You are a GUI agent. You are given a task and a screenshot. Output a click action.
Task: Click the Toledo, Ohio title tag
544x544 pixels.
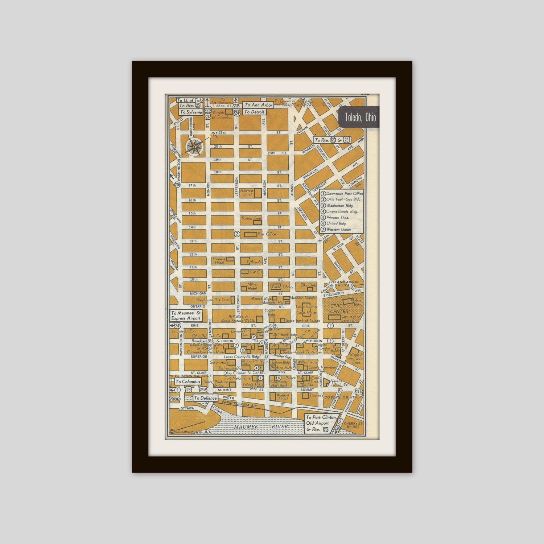click(x=360, y=117)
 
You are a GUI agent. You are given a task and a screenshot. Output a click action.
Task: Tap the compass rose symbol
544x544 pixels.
click(x=195, y=146)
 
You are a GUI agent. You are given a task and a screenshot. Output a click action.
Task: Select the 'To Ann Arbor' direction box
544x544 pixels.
click(x=258, y=105)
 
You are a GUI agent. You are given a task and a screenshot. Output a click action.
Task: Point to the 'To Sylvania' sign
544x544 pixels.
click(x=191, y=112)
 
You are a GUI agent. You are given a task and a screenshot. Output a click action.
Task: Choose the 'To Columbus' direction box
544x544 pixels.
click(x=188, y=382)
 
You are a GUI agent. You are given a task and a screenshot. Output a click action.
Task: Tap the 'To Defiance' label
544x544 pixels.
click(x=205, y=398)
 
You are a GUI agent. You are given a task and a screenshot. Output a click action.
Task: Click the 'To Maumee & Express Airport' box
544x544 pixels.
click(x=186, y=316)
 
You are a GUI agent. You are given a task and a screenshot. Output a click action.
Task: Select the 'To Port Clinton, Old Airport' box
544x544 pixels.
click(x=321, y=423)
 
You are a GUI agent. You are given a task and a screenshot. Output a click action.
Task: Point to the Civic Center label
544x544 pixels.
click(x=339, y=309)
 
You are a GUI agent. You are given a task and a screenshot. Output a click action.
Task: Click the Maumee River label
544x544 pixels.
click(x=261, y=427)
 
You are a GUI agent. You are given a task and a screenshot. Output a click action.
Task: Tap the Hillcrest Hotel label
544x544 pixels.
click(x=247, y=193)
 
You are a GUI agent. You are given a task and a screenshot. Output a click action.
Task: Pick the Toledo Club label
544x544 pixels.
click(x=251, y=218)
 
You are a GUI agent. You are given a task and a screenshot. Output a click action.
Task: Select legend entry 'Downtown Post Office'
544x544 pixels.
click(x=344, y=194)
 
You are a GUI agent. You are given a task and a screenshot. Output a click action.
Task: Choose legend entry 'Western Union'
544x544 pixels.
click(x=338, y=230)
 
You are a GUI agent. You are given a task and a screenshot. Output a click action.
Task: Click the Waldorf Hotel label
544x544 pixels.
click(x=283, y=397)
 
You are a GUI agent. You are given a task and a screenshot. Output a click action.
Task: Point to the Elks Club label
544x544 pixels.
click(x=308, y=285)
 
